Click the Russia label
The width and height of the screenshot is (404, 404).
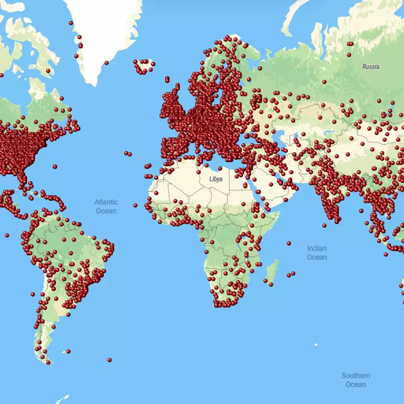coord(370,66)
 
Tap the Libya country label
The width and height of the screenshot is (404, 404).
coord(216,179)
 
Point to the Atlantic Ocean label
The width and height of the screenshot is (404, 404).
coord(106,206)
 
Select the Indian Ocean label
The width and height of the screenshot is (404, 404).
coord(317,252)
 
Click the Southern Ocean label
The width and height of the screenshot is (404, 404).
coord(355,379)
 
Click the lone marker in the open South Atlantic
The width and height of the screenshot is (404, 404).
coord(109,360)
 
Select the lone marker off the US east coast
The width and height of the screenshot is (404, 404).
coord(55,166)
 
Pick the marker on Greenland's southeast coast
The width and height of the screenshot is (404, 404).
coord(106,63)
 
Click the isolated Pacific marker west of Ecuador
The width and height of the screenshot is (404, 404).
coord(6,235)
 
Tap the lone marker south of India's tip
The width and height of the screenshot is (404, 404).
coord(324,225)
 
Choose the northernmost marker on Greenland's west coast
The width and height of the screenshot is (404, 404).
coord(71,23)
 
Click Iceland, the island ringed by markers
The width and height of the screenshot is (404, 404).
coord(144,66)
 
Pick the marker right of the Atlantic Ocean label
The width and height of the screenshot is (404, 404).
coord(135,204)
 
